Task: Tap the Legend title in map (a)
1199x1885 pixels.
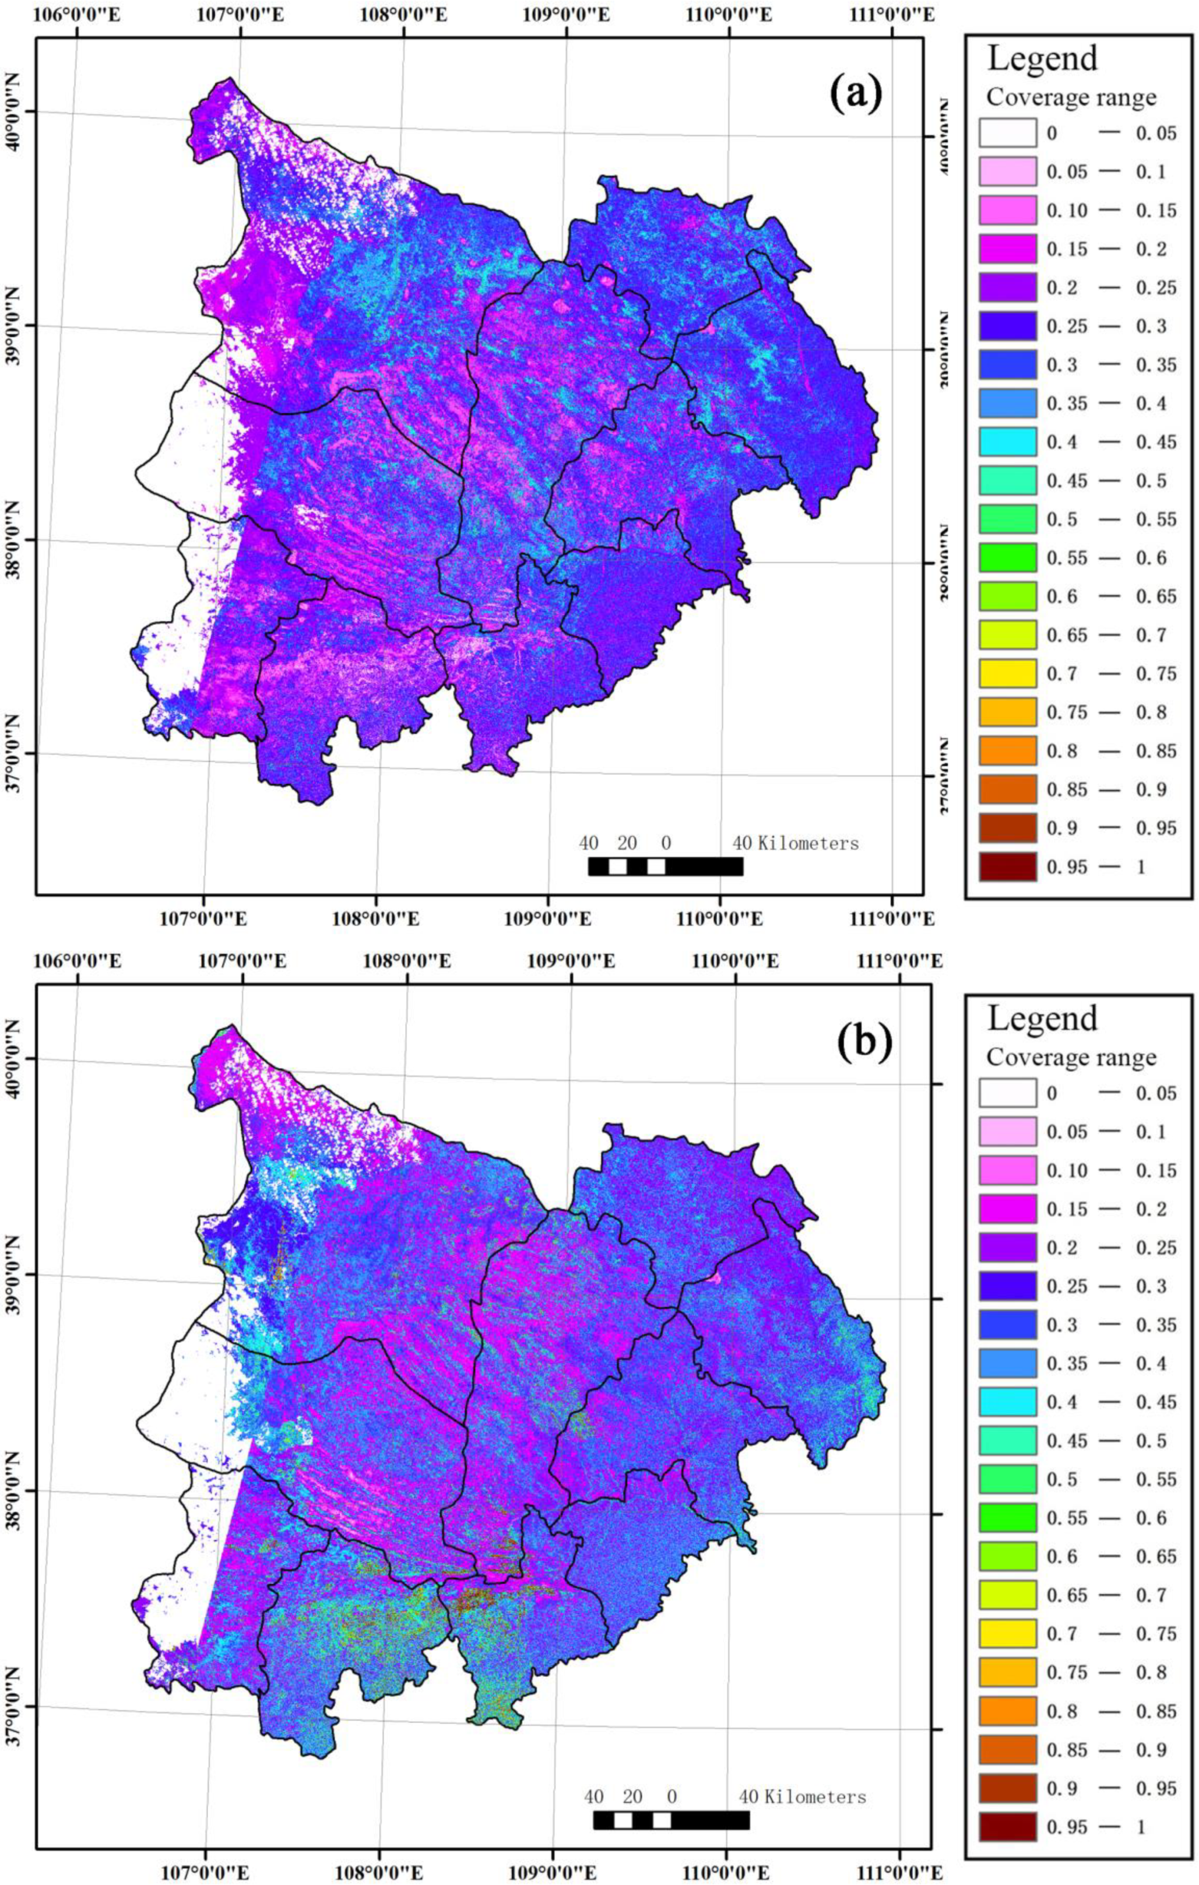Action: click(x=1042, y=59)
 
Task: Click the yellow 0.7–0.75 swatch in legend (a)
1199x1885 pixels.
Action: click(x=1007, y=673)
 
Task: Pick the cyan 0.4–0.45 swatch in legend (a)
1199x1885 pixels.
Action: click(x=1007, y=441)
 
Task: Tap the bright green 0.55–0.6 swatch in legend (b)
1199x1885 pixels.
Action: click(x=1007, y=1518)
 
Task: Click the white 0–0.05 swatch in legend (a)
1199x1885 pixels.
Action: click(x=1007, y=133)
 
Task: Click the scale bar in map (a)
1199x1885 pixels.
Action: click(x=665, y=866)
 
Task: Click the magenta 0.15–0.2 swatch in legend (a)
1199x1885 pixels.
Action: click(x=1007, y=249)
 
